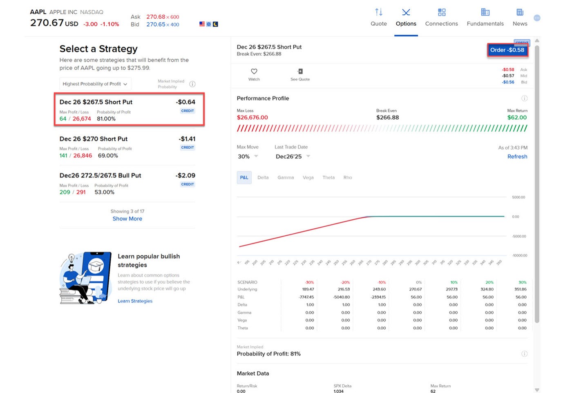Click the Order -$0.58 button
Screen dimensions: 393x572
[507, 50]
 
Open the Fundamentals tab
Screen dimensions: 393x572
[485, 18]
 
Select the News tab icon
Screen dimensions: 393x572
[520, 12]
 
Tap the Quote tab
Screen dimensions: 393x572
[378, 18]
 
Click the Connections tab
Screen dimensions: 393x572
[441, 18]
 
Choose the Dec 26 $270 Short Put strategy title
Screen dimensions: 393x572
[94, 139]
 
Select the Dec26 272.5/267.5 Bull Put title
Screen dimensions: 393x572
[100, 176]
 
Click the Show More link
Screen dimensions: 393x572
[127, 219]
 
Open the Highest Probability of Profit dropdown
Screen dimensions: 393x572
[95, 84]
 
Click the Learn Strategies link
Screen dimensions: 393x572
[135, 301]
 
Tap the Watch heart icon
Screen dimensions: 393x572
[254, 71]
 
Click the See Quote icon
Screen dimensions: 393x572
[300, 71]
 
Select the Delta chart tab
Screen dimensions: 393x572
[263, 178]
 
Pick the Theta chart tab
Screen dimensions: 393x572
[328, 178]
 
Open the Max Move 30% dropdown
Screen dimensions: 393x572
[248, 156]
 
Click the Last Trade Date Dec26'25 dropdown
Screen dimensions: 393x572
[293, 156]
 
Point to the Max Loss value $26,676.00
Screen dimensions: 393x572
[252, 118]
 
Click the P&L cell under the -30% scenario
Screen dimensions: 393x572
[306, 297]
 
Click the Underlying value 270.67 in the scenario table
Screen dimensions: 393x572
[415, 289]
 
